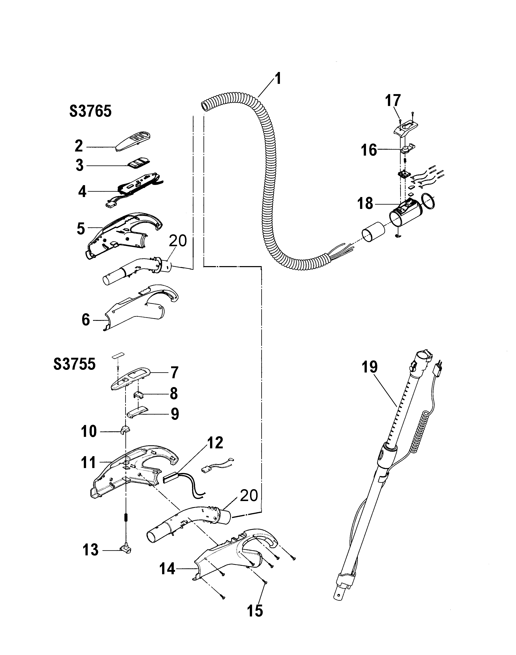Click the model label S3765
(90, 112)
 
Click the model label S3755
(74, 364)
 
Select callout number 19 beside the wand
(369, 367)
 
